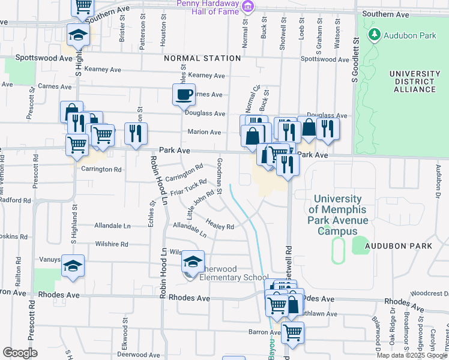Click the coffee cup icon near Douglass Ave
coord(184,94)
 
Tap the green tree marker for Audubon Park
coord(375,35)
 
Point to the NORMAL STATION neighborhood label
coord(202,58)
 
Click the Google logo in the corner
coord(19,352)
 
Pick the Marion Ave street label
coord(205,132)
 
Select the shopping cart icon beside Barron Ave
coord(292,332)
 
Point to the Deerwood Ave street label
coord(139,354)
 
